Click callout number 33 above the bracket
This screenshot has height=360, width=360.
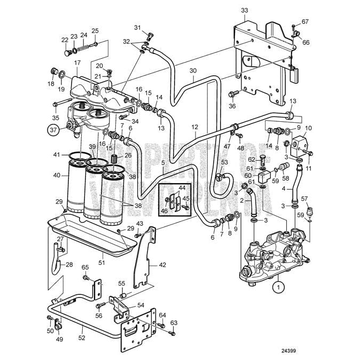coord(245,10)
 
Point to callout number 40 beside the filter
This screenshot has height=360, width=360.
coord(57,174)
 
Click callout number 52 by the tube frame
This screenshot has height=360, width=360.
coord(81,338)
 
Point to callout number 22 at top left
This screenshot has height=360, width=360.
coord(65,40)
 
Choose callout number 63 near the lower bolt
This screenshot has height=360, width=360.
coord(174,323)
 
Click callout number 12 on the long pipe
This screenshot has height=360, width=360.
coord(195,127)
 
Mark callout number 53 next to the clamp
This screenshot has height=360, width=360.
coord(224,162)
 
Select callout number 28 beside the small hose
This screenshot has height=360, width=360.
coord(69,264)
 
